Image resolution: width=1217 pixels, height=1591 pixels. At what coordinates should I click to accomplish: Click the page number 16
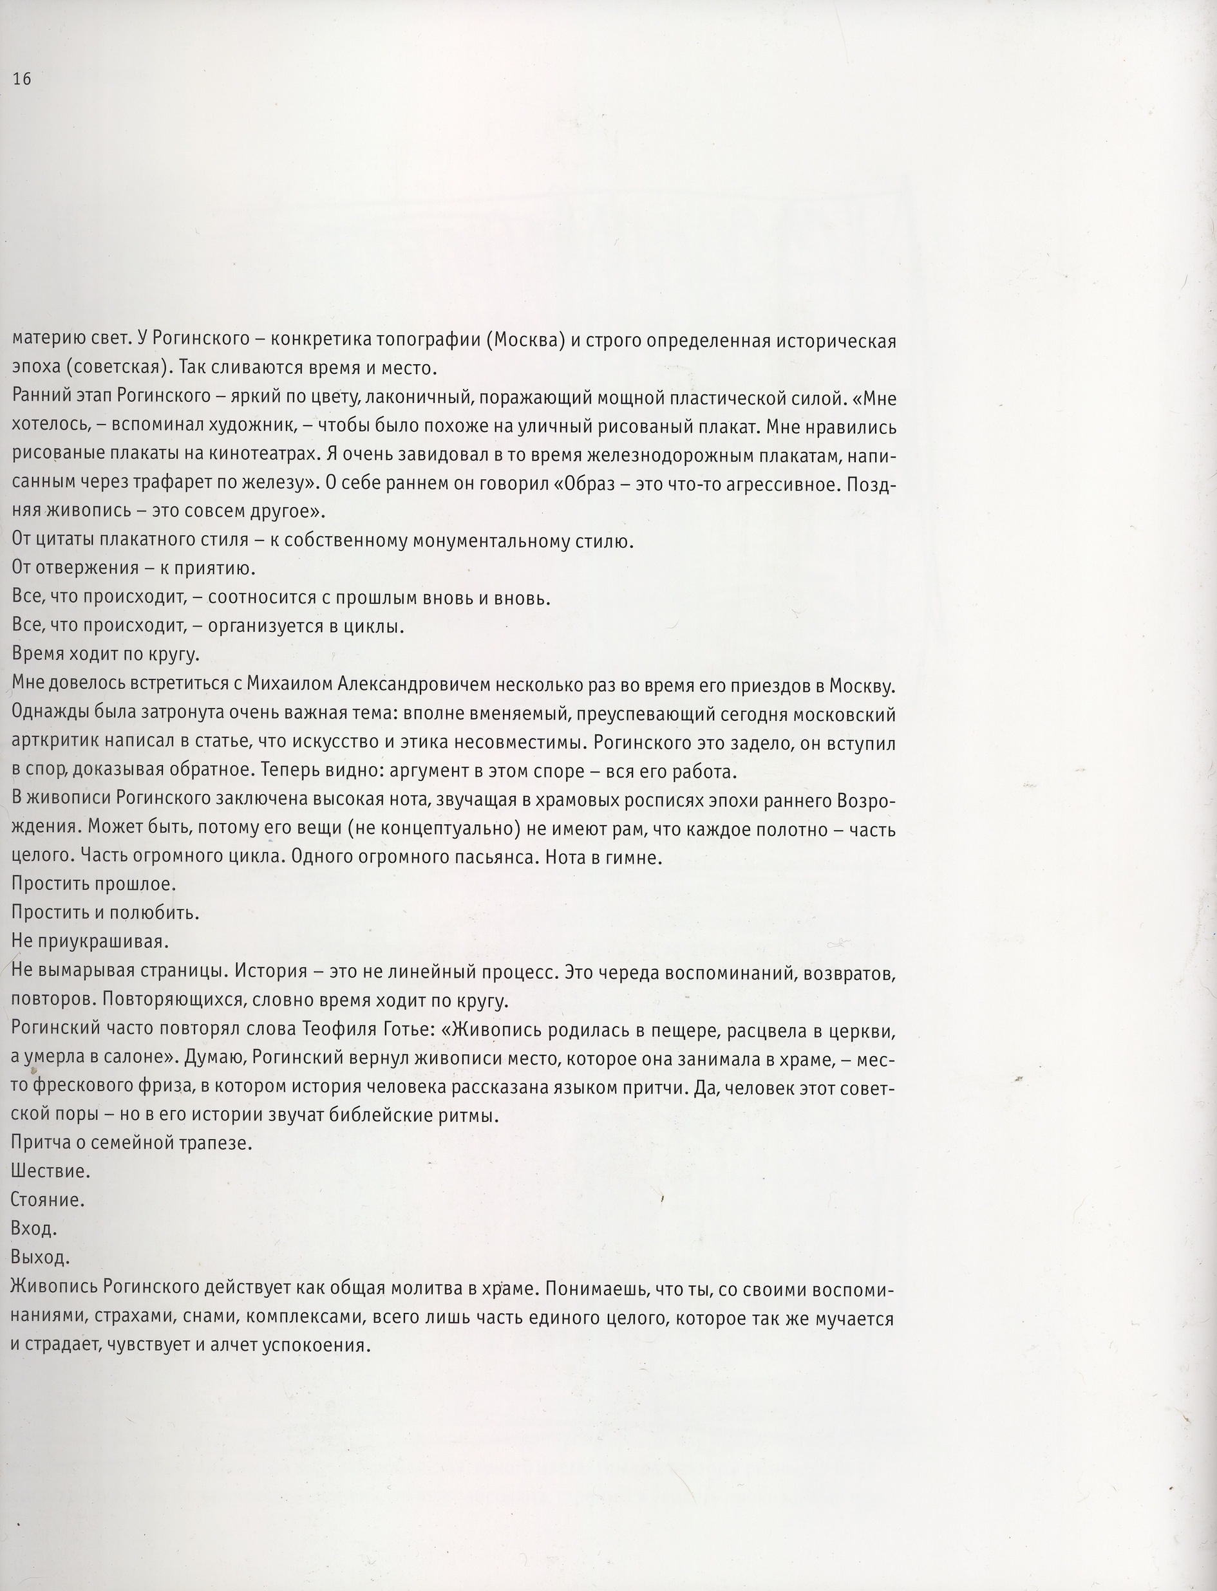(22, 80)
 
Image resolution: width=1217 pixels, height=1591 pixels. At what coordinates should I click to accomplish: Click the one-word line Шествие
(51, 1171)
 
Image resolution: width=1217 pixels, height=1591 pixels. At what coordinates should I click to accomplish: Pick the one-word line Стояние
(48, 1200)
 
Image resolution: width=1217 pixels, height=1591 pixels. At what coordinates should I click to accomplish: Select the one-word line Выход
(41, 1257)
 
